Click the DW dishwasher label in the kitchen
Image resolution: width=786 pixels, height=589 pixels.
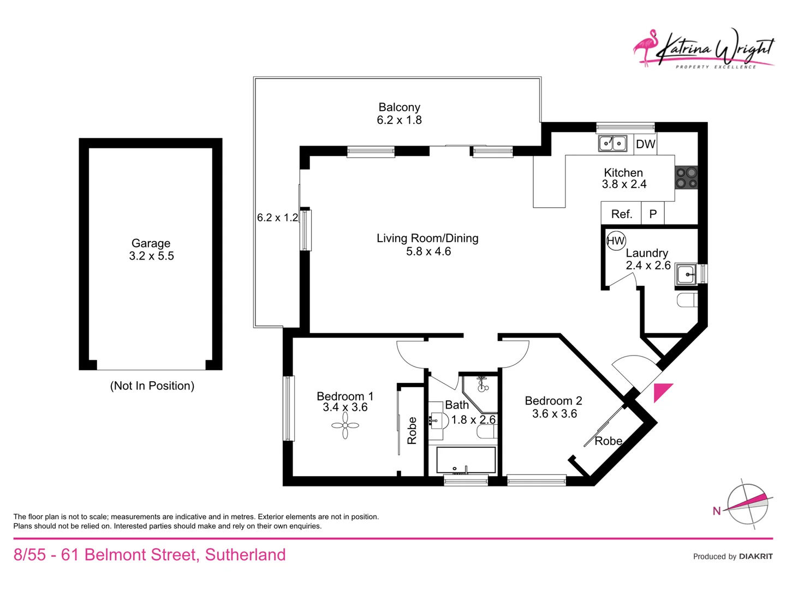pos(646,144)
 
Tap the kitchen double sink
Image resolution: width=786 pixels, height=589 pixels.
pos(612,143)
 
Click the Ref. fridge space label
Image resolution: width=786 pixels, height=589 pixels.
pos(621,214)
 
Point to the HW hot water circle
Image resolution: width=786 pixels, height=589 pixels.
pos(616,241)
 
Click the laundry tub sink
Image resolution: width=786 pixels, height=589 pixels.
pos(686,274)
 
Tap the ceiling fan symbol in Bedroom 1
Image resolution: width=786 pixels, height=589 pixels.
pos(345,425)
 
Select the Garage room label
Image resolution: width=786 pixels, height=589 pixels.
pos(151,243)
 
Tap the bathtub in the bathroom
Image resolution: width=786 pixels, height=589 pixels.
pos(466,460)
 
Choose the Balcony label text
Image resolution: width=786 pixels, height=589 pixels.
pos(399,107)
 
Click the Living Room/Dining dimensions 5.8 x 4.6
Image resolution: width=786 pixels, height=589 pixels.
pos(428,251)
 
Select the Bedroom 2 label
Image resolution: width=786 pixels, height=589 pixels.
pos(553,401)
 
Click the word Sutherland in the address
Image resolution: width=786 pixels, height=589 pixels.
pos(245,555)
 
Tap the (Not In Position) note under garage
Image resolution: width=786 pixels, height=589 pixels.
pos(152,386)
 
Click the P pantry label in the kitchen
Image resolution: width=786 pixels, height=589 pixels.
pos(653,214)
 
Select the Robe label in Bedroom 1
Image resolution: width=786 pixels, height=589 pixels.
pos(412,430)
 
